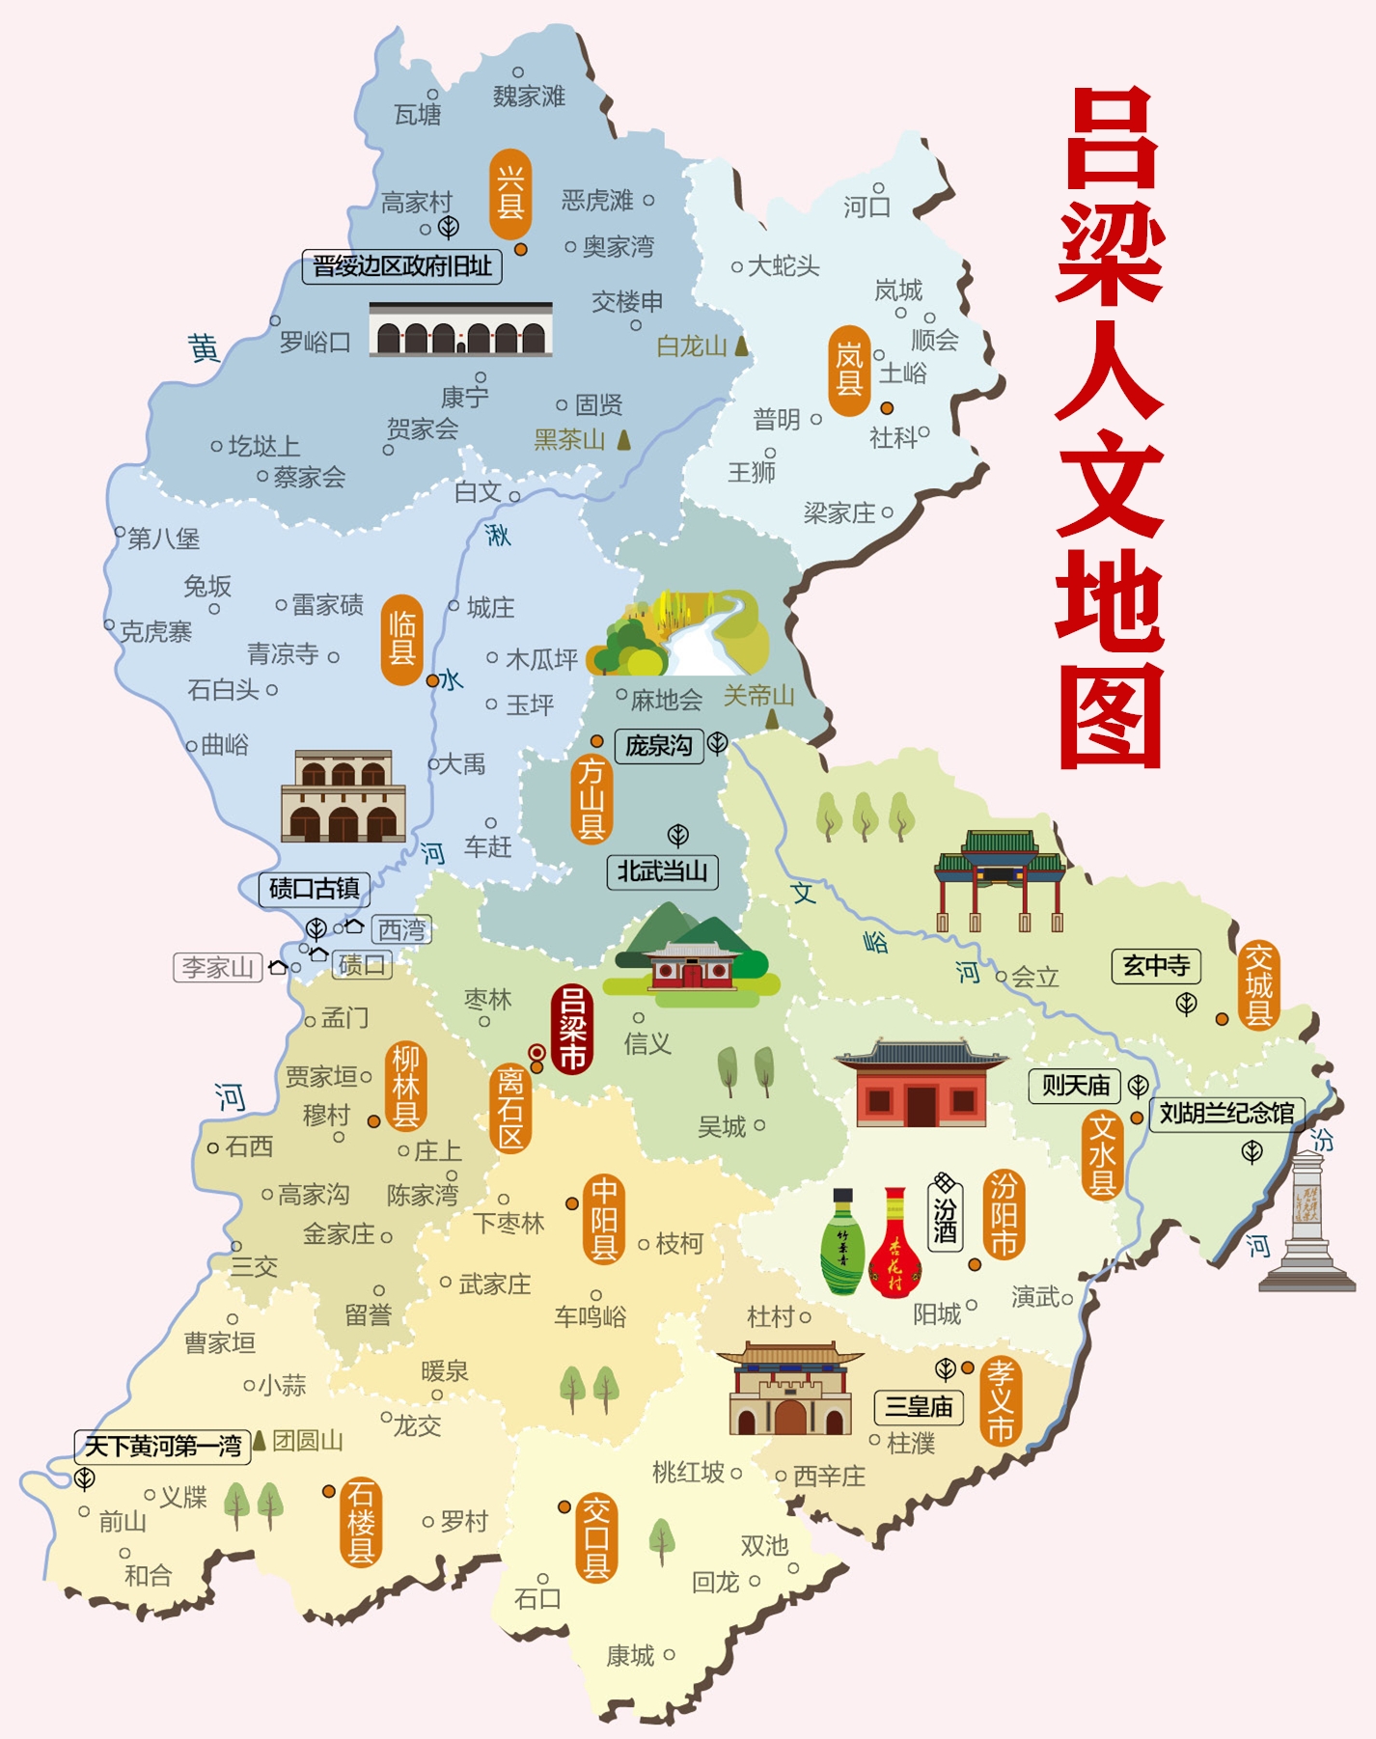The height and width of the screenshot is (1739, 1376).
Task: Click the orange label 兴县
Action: (x=510, y=194)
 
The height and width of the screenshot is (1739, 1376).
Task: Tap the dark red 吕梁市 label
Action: (x=571, y=1029)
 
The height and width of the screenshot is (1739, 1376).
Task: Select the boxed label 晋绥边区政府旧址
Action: (x=402, y=265)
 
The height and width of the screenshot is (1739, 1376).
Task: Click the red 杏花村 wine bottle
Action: (x=895, y=1246)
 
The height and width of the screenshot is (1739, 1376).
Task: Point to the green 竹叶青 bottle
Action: (x=842, y=1244)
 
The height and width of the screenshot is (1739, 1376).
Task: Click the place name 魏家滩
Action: (x=529, y=96)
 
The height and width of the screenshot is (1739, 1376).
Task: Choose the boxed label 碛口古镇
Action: (x=314, y=888)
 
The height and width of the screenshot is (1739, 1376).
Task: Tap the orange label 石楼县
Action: (x=361, y=1522)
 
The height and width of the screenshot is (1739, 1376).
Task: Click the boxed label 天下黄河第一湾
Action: (x=162, y=1446)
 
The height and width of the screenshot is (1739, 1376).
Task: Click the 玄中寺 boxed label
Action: (x=1156, y=965)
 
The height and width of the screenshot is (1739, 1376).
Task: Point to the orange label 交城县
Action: (x=1258, y=985)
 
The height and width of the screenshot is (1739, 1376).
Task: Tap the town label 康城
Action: (x=630, y=1656)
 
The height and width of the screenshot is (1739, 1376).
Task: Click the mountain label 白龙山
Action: (x=692, y=346)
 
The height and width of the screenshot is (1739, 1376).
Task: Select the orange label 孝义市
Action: (x=1001, y=1400)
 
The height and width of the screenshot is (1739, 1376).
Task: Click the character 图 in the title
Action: (x=1111, y=715)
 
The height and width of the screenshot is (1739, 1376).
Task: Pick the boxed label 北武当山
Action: (x=662, y=871)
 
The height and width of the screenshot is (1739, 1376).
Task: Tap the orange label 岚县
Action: (x=849, y=371)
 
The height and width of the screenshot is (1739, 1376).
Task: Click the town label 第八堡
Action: (x=163, y=538)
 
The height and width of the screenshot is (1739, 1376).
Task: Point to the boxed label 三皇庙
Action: (x=919, y=1407)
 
